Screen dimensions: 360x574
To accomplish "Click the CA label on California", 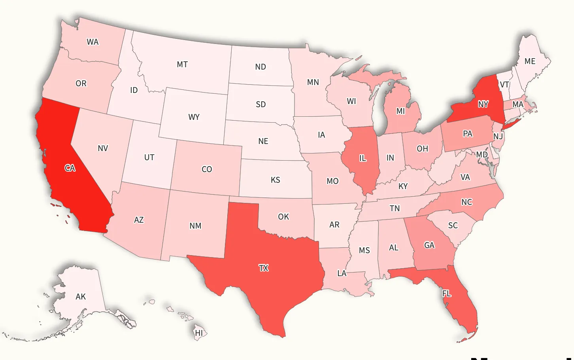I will tap(70, 168).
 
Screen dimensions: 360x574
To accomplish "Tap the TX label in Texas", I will tap(264, 268).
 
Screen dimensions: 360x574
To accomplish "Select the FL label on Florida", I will tap(446, 294).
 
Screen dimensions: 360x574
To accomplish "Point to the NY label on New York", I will tap(483, 104).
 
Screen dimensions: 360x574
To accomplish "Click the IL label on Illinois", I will tap(363, 158).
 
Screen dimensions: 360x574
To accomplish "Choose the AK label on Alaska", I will tap(81, 297).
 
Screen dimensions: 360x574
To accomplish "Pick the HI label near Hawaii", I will tap(199, 333).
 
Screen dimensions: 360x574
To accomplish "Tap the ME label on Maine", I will tap(530, 61).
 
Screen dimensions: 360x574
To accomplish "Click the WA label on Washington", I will tap(93, 42).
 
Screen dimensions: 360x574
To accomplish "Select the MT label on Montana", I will tap(182, 64).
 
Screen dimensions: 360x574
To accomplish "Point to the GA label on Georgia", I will tap(429, 245).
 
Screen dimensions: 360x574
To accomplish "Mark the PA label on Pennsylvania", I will tap(468, 134).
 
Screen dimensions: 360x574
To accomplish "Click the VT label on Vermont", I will tap(504, 85).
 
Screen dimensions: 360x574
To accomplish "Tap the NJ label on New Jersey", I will tap(498, 136).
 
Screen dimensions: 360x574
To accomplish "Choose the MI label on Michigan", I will tap(401, 111).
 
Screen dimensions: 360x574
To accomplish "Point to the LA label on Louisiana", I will tap(342, 273).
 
